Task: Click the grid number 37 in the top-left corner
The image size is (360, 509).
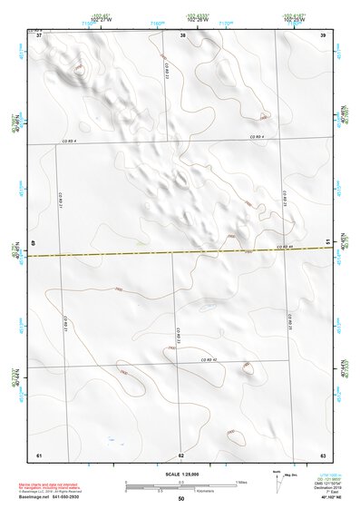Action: click(39, 35)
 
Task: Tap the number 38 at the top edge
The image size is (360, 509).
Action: click(183, 35)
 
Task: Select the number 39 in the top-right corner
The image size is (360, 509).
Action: click(323, 35)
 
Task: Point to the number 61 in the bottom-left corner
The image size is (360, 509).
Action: click(39, 455)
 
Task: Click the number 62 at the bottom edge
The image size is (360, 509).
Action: click(181, 455)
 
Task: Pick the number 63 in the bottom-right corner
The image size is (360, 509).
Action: click(323, 455)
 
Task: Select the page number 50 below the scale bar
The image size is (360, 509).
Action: click(181, 499)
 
